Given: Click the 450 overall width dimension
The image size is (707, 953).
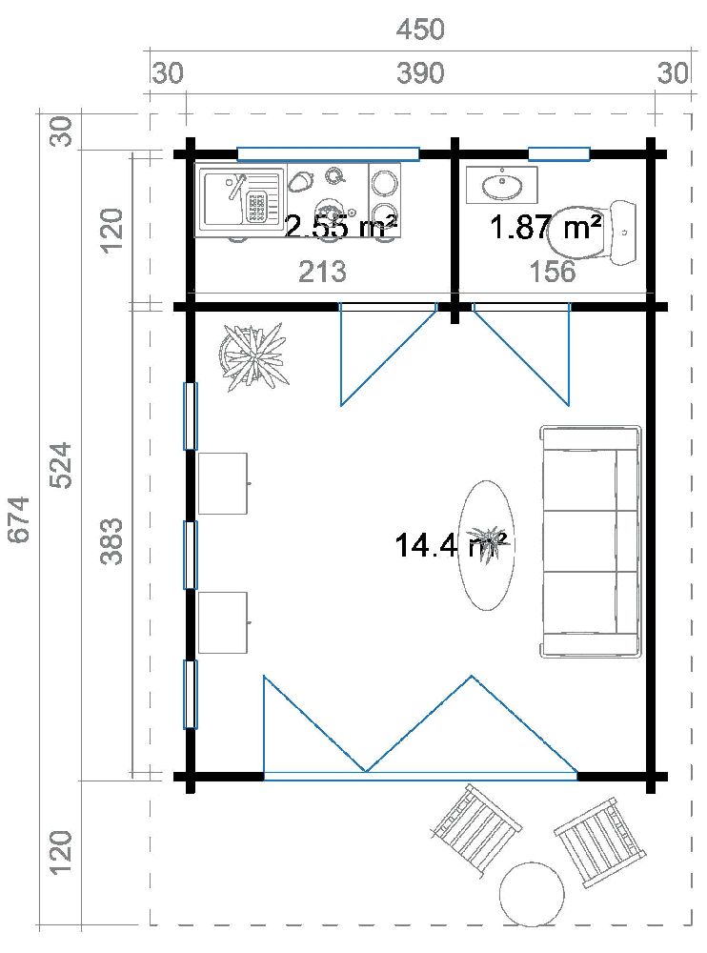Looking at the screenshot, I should point(420,30).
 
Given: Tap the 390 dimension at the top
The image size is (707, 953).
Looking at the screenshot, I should point(420,73).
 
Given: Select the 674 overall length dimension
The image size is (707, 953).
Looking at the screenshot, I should point(20,519).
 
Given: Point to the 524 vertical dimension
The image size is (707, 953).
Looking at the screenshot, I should point(60,465).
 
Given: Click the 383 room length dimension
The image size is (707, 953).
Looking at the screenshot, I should point(111,540).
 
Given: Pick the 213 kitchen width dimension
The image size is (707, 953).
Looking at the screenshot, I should point(322,272).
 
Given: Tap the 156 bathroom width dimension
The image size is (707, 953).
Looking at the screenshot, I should point(554,272).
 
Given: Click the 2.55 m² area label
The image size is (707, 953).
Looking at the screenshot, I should point(341,227).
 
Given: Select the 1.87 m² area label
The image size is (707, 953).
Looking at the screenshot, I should point(545,228).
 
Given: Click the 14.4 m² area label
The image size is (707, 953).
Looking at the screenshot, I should point(449,545).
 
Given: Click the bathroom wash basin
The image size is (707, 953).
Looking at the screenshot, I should point(502,185).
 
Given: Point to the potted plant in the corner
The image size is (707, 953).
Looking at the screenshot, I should point(252,356).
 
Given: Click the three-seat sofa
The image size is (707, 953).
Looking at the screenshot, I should point(591,541).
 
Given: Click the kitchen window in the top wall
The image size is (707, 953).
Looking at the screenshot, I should point(328,153).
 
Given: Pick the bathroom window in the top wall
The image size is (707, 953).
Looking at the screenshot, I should point(559,153).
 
